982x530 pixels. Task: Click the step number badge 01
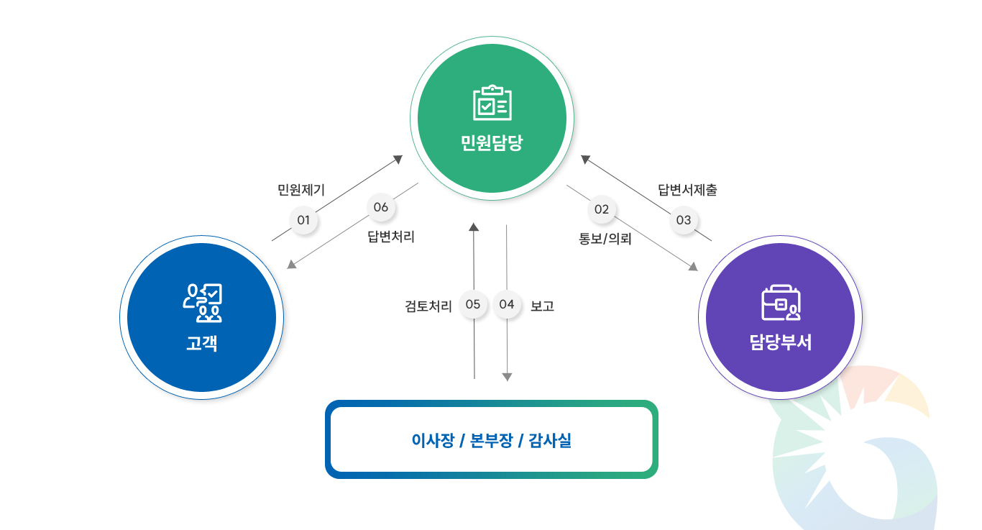[303, 220]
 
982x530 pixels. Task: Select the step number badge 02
[602, 209]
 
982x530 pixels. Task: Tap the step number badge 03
[684, 220]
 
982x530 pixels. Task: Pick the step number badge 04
[507, 304]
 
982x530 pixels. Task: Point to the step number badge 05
[473, 304]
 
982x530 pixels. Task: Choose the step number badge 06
[381, 207]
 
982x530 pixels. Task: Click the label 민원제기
[301, 191]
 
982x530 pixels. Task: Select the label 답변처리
[391, 237]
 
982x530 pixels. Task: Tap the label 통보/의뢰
[605, 239]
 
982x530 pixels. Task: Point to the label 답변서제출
[688, 191]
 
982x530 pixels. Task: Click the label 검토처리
[428, 306]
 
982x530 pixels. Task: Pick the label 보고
[542, 306]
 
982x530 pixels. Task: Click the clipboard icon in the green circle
[492, 103]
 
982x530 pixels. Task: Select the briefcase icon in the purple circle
[780, 303]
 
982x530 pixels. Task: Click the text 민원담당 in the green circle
[492, 142]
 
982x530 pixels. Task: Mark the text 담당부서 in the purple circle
[780, 342]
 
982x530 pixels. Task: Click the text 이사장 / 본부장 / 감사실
[492, 441]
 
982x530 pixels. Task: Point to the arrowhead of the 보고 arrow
[507, 377]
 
